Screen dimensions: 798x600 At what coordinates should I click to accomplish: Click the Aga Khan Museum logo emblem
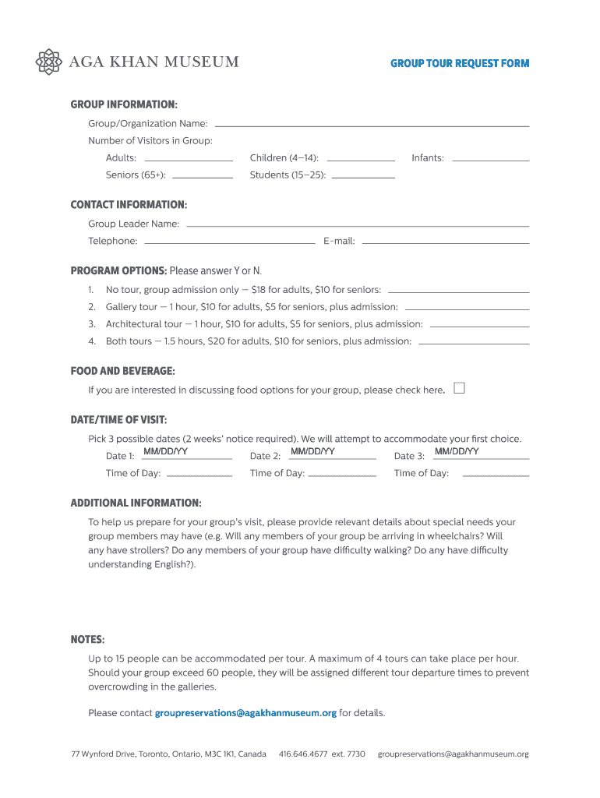point(49,62)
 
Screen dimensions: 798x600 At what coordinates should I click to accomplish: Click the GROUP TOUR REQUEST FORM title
point(460,63)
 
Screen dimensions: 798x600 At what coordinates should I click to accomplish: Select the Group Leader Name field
point(358,223)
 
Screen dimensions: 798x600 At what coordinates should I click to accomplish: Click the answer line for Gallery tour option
point(467,306)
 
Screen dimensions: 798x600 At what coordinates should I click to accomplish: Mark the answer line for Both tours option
point(474,341)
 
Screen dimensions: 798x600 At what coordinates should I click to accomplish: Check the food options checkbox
point(459,388)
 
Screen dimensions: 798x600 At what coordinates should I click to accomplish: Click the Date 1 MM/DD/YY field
point(187,454)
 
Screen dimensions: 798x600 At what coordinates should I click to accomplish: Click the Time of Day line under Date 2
point(343,473)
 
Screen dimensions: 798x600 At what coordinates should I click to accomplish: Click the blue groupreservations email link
point(245,713)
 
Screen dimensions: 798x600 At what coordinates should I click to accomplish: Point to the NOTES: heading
point(87,640)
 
